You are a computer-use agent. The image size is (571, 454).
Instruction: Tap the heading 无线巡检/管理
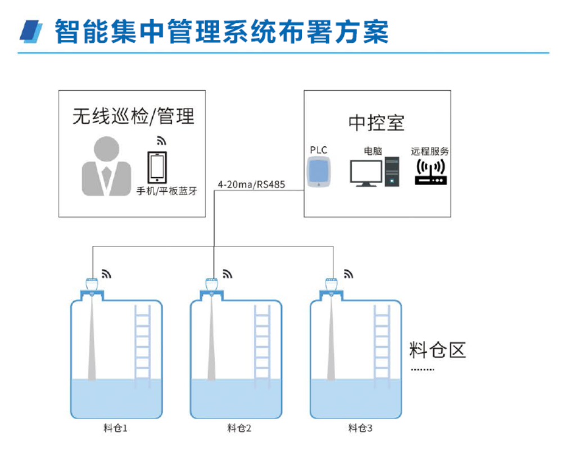tap(133, 116)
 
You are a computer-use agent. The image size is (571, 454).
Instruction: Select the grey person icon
tap(106, 167)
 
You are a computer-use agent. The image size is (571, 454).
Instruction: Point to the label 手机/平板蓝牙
tap(167, 191)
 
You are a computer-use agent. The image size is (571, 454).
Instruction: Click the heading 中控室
tap(376, 123)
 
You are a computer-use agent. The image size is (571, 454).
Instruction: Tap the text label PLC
tap(319, 150)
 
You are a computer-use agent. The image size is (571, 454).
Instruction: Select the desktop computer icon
tap(374, 173)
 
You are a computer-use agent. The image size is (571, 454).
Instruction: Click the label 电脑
tap(373, 151)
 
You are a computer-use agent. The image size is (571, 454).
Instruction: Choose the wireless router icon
tap(430, 172)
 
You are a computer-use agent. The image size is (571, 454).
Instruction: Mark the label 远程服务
tap(430, 151)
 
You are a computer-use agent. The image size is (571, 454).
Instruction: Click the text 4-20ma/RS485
tap(251, 184)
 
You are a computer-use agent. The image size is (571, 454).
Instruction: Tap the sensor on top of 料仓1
tap(92, 283)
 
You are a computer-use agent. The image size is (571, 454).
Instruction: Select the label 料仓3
tap(360, 429)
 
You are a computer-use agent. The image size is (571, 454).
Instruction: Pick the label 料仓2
tap(239, 429)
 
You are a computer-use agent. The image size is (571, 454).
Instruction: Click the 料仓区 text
tap(438, 350)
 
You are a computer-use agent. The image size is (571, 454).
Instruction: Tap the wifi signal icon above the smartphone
tap(161, 141)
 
